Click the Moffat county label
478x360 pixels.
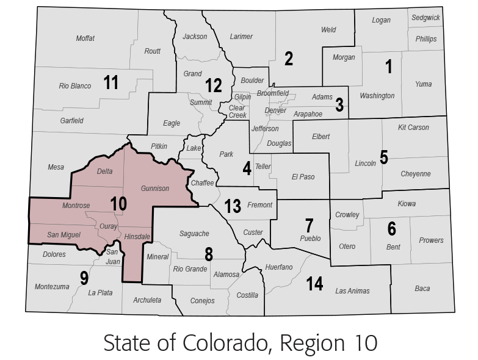coord(85,38)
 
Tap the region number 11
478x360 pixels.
coord(110,82)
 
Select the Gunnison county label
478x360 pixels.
coord(155,189)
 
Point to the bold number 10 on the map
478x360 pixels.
coord(118,203)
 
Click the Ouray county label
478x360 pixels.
coord(108,226)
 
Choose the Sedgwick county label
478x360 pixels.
coord(425,18)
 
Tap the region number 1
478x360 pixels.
coord(389,67)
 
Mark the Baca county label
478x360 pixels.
coord(422,289)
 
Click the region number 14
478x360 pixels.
coord(314,284)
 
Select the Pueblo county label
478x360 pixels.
coord(310,239)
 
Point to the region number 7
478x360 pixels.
coord(310,224)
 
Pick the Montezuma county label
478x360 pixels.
coord(52,287)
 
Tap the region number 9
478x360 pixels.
coord(84,278)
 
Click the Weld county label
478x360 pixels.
coord(328,30)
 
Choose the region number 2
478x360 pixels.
coord(289,59)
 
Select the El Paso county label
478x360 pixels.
coord(303,177)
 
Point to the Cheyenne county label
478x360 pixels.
coord(415,174)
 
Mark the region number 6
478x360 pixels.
coord(391,229)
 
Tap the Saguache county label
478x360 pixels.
coord(194,233)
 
